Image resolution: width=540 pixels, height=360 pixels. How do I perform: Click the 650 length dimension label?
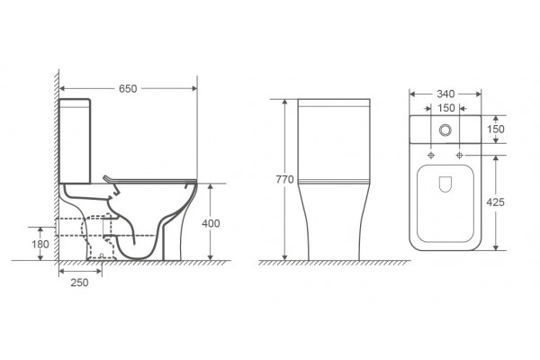(x=128, y=88)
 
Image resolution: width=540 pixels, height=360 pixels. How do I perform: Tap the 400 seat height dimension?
(x=211, y=223)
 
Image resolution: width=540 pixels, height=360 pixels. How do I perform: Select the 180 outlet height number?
(x=40, y=244)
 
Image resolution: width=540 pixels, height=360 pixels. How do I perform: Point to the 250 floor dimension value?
(x=79, y=283)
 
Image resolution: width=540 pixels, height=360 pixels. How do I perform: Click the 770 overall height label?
(x=284, y=179)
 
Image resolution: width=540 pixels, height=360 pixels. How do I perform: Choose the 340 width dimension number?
(x=445, y=94)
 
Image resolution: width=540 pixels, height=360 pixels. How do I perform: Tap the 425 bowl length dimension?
(x=495, y=202)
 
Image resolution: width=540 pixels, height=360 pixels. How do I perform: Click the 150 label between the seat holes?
(x=446, y=108)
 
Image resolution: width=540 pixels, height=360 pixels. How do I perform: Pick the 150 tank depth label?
(x=496, y=130)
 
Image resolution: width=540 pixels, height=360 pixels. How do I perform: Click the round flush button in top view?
(x=445, y=130)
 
